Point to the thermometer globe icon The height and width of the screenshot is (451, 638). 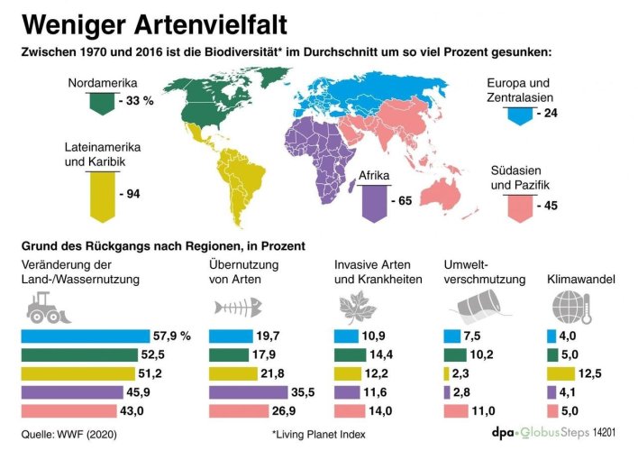point(568,311)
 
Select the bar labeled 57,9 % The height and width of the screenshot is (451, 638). point(85,336)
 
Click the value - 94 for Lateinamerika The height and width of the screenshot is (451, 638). point(134,194)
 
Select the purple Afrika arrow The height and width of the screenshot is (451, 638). point(373,200)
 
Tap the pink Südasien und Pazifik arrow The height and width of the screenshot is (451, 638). point(518,206)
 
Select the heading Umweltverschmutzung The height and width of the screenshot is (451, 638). point(485,272)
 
